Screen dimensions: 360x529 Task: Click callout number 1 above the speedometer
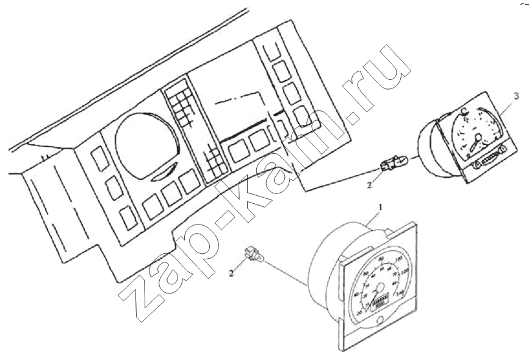(x=381, y=207)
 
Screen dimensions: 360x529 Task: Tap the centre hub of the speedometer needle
(x=380, y=287)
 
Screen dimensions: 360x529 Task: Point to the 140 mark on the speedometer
(x=400, y=294)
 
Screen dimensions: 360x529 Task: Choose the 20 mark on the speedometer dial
(x=359, y=312)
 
